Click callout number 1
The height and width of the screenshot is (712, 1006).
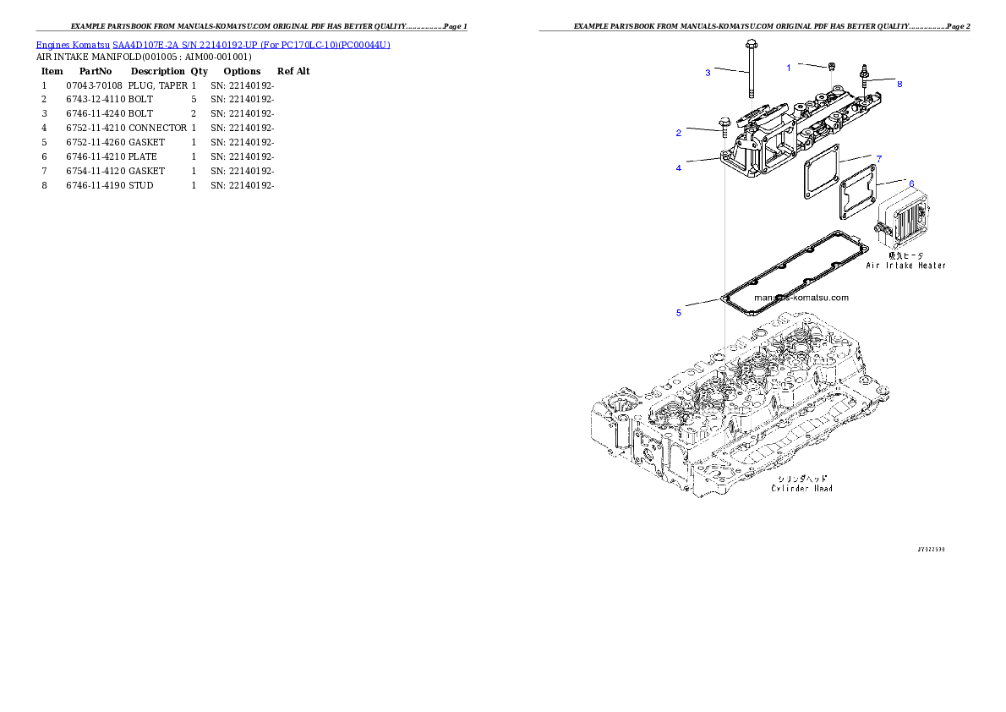789,68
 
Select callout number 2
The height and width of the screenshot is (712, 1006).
678,133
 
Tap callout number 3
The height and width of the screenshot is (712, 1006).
708,73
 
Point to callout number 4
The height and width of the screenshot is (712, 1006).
678,167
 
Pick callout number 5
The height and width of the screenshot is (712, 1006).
678,313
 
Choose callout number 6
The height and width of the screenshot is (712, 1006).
910,183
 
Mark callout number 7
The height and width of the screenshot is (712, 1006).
879,159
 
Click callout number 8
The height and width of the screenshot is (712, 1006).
899,85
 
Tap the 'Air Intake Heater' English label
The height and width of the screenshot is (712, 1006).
905,266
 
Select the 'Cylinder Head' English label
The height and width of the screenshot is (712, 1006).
802,489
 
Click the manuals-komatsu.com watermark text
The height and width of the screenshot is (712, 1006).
801,298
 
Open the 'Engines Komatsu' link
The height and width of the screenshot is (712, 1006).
212,45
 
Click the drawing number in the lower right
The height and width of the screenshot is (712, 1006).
931,549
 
